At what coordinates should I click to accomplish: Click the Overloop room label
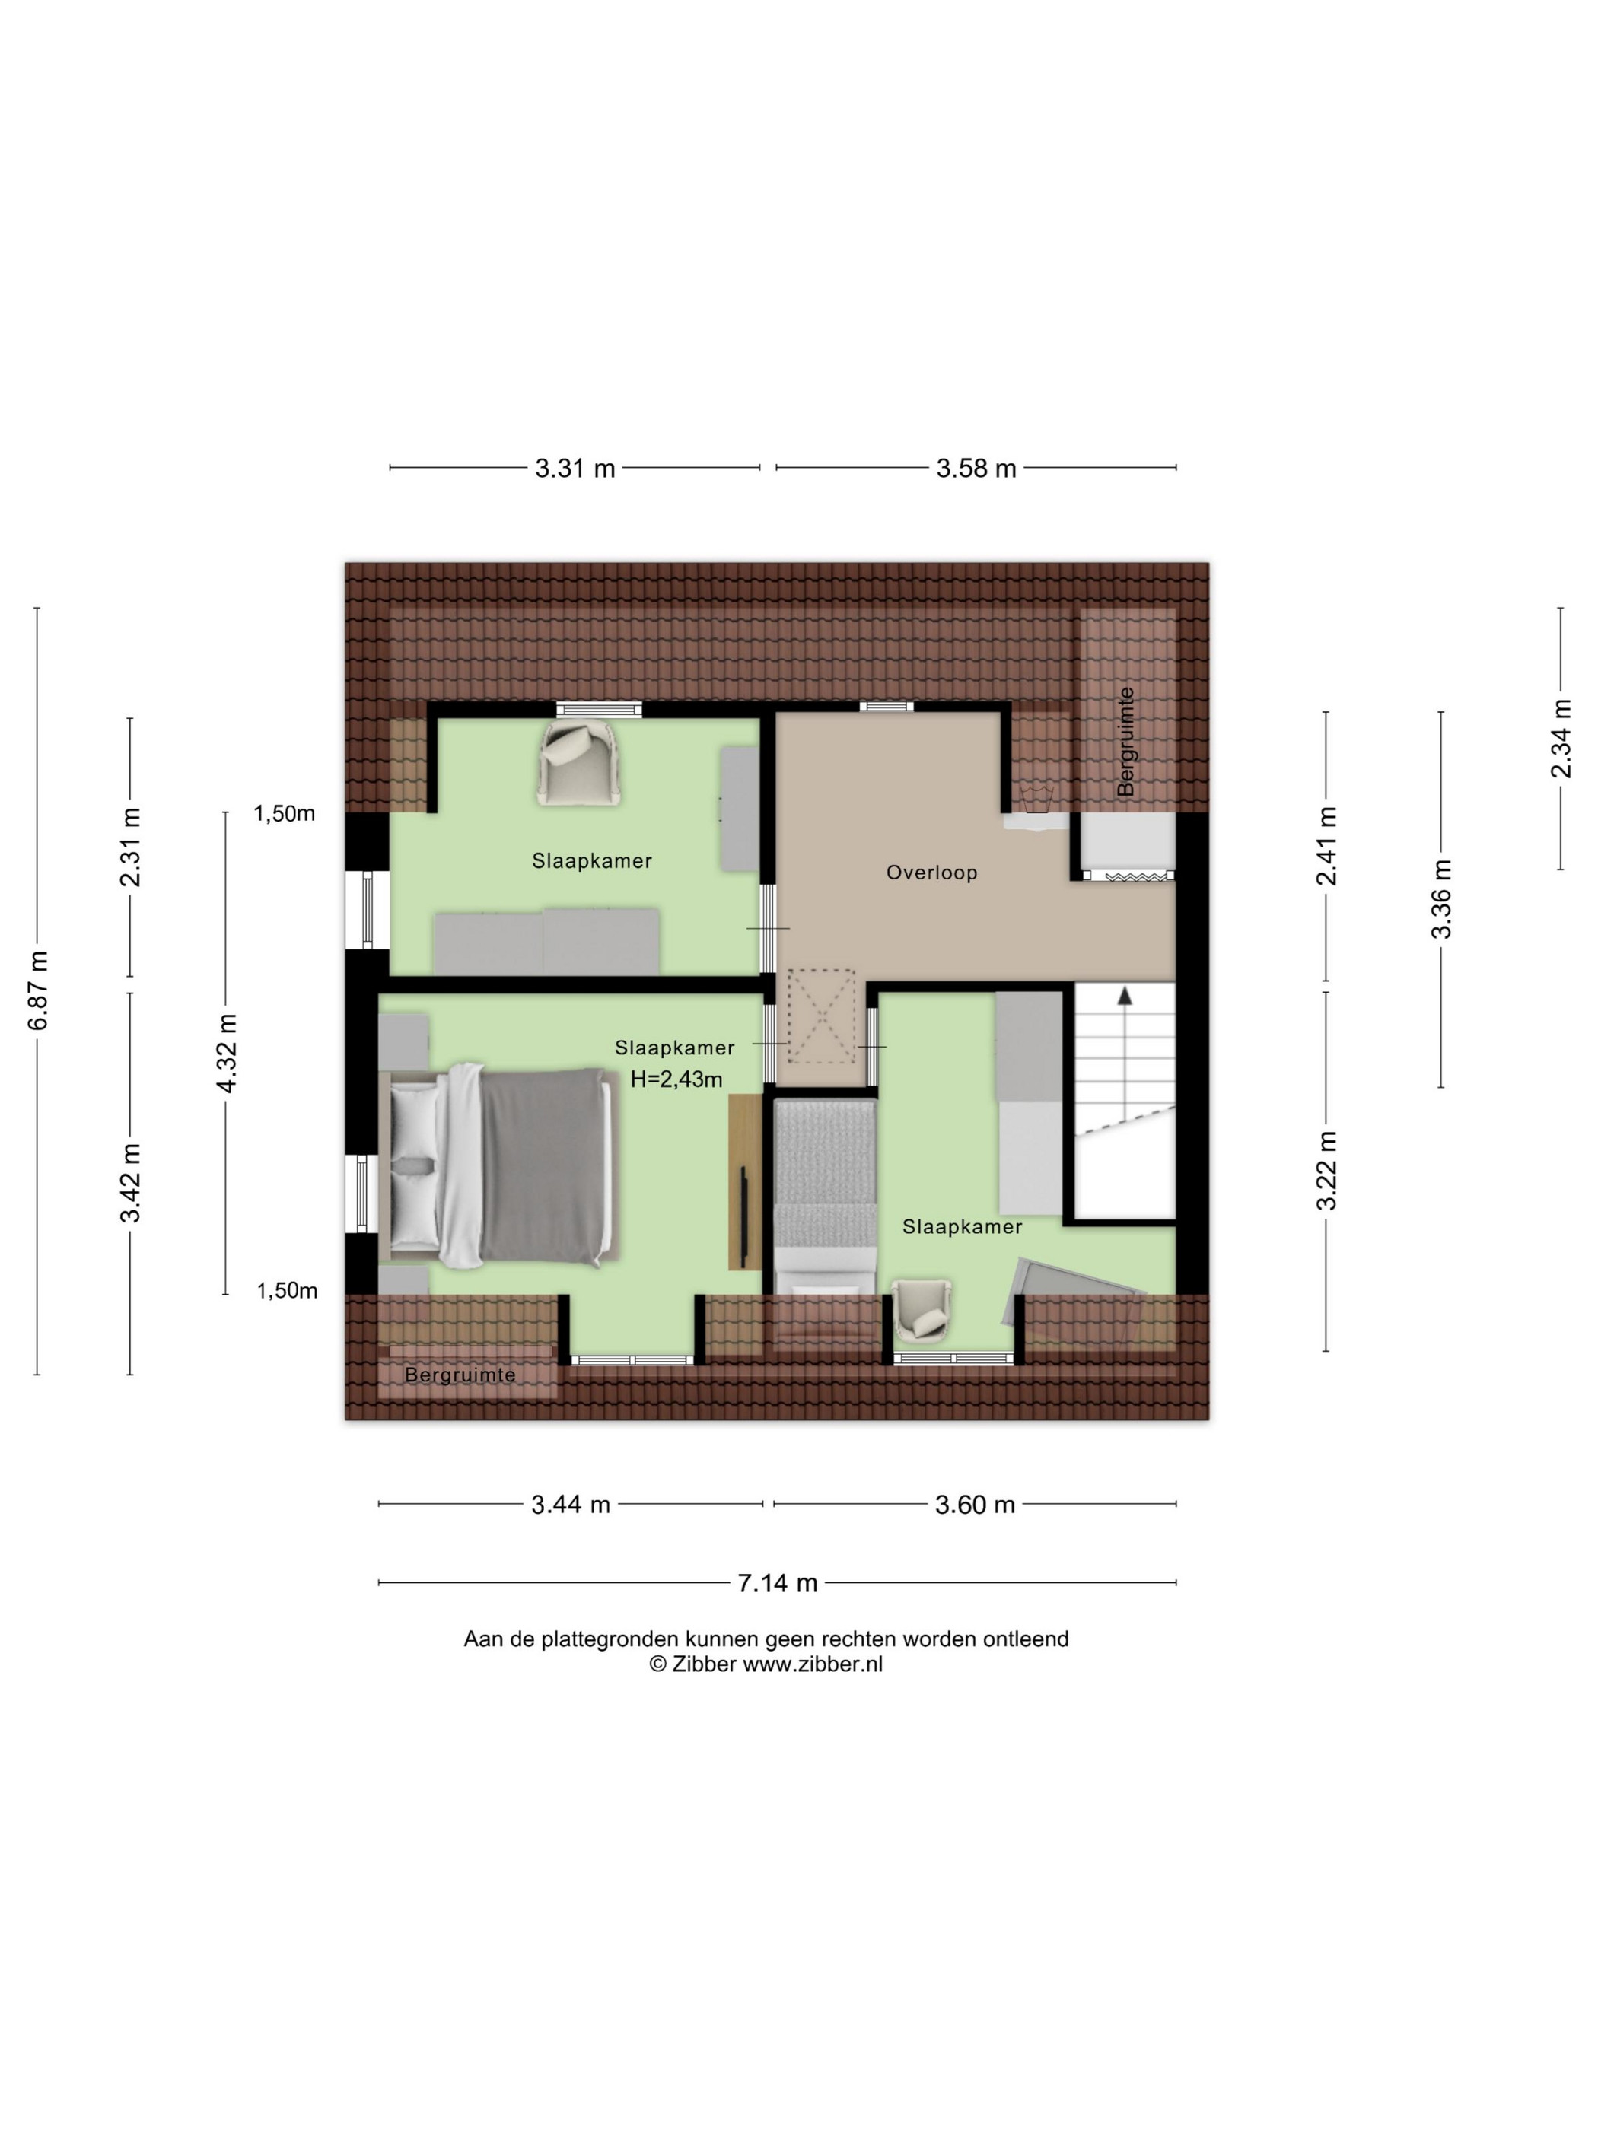(931, 873)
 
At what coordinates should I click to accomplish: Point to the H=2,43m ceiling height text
(676, 1079)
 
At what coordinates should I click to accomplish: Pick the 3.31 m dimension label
(575, 468)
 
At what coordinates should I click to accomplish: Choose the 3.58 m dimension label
(976, 468)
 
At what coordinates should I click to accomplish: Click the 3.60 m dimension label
(975, 1504)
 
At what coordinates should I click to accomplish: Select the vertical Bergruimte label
(1125, 742)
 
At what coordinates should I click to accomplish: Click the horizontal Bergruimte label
(460, 1375)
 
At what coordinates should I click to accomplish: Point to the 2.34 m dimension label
(1561, 739)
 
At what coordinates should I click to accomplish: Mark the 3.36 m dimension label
(1441, 898)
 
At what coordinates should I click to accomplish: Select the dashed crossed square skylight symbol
(820, 1016)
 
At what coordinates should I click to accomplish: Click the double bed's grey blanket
(544, 1165)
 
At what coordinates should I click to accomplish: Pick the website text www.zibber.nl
(812, 1664)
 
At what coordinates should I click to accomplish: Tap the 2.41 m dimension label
(1327, 845)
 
